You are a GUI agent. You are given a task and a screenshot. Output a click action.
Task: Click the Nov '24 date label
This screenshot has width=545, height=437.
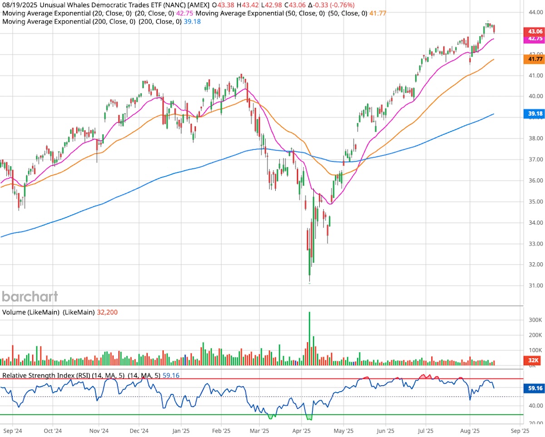point(99,430)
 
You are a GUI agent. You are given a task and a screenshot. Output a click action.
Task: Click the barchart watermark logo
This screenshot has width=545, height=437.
point(30,297)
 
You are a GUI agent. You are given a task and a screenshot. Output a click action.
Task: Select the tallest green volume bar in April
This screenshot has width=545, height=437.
point(309,338)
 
